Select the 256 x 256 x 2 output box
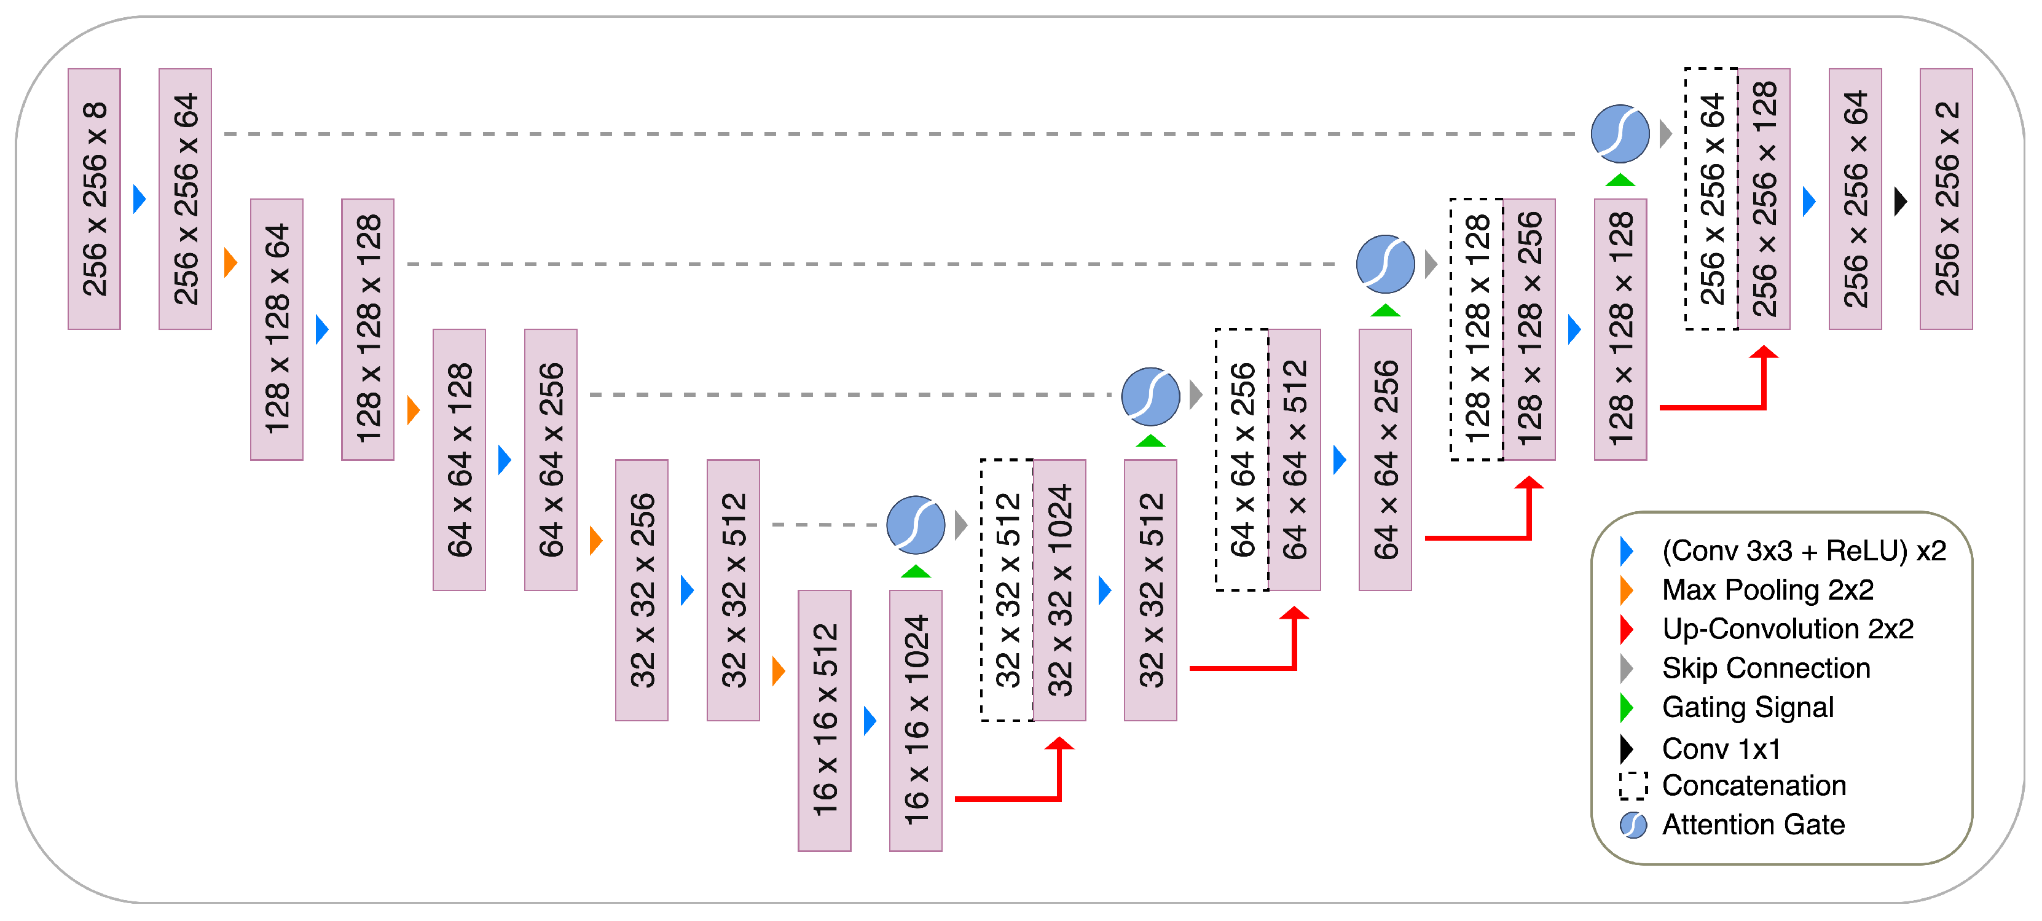[x=1946, y=198]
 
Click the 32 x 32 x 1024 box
[x=1060, y=590]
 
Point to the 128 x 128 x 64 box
[x=277, y=329]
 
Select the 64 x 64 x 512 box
[x=1295, y=460]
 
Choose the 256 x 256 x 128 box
[x=1764, y=198]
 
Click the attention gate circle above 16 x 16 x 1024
[x=916, y=525]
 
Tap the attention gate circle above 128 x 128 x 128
[x=1620, y=133]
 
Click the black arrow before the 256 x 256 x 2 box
[x=1900, y=202]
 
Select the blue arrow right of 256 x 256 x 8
[x=139, y=198]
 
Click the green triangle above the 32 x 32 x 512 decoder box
[x=1150, y=441]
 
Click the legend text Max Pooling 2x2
[x=1768, y=590]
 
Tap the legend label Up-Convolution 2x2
[x=1788, y=629]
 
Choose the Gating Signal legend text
[x=1748, y=707]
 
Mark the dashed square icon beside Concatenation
[x=1633, y=785]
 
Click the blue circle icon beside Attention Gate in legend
[x=1633, y=825]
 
